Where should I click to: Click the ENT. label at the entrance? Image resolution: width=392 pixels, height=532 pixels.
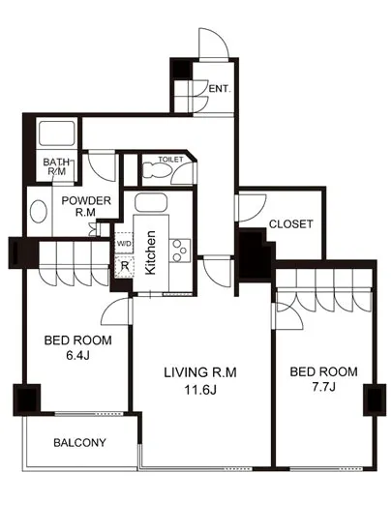pyautogui.click(x=220, y=89)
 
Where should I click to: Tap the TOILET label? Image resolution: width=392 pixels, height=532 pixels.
pyautogui.click(x=170, y=160)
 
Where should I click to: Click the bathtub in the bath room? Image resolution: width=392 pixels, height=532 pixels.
pyautogui.click(x=57, y=133)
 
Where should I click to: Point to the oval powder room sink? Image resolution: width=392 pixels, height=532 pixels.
pyautogui.click(x=39, y=211)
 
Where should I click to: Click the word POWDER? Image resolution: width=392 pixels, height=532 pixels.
pyautogui.click(x=86, y=200)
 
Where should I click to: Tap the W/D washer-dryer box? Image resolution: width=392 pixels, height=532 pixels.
pyautogui.click(x=124, y=243)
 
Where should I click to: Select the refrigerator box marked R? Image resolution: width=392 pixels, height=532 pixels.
pyautogui.click(x=124, y=267)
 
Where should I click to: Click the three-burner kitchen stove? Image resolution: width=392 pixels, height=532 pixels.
pyautogui.click(x=179, y=251)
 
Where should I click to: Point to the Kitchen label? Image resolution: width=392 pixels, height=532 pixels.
pyautogui.click(x=150, y=252)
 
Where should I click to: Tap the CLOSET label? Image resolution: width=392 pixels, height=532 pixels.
pyautogui.click(x=291, y=224)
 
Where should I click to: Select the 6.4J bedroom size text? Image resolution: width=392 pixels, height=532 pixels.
pyautogui.click(x=77, y=355)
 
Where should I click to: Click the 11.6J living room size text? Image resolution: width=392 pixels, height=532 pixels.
pyautogui.click(x=200, y=390)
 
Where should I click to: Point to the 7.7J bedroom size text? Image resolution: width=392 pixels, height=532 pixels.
pyautogui.click(x=324, y=387)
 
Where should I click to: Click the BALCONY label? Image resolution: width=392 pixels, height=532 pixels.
pyautogui.click(x=79, y=442)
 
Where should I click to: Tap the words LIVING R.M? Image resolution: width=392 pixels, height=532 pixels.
pyautogui.click(x=200, y=372)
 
